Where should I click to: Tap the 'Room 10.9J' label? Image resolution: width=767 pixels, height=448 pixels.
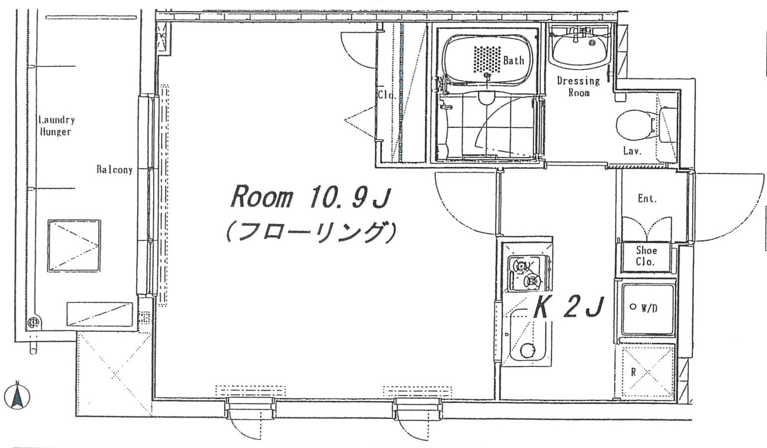point(309,198)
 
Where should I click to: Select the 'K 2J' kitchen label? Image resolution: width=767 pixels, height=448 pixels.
point(569,308)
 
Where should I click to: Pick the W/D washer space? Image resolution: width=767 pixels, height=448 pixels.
point(647,309)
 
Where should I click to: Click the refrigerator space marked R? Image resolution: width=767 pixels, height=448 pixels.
point(647,372)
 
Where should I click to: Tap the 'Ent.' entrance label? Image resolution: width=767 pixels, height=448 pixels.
point(647,199)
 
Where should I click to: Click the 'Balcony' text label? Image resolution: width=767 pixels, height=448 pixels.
point(114,170)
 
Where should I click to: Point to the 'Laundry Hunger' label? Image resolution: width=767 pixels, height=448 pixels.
point(56,126)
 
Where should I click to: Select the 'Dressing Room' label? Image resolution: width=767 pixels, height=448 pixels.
point(578,86)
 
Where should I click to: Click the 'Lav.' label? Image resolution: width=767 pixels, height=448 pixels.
point(632,151)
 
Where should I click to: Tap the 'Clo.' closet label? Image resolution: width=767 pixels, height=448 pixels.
point(386,95)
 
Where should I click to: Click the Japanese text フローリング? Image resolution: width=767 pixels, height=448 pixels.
point(311,232)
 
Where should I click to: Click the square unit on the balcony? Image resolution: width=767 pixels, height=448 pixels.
point(74,246)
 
